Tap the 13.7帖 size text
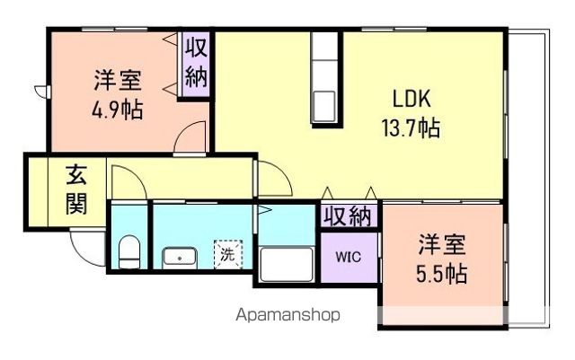[x=408, y=128]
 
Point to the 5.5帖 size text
[x=441, y=273]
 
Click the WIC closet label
[x=348, y=256]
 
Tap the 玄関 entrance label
[x=75, y=190]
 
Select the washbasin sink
[x=181, y=259]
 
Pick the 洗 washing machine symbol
[x=226, y=254]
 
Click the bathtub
[x=285, y=265]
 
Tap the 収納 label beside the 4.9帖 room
[x=196, y=62]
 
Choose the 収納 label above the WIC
[x=347, y=216]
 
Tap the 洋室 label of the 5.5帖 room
[x=441, y=244]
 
